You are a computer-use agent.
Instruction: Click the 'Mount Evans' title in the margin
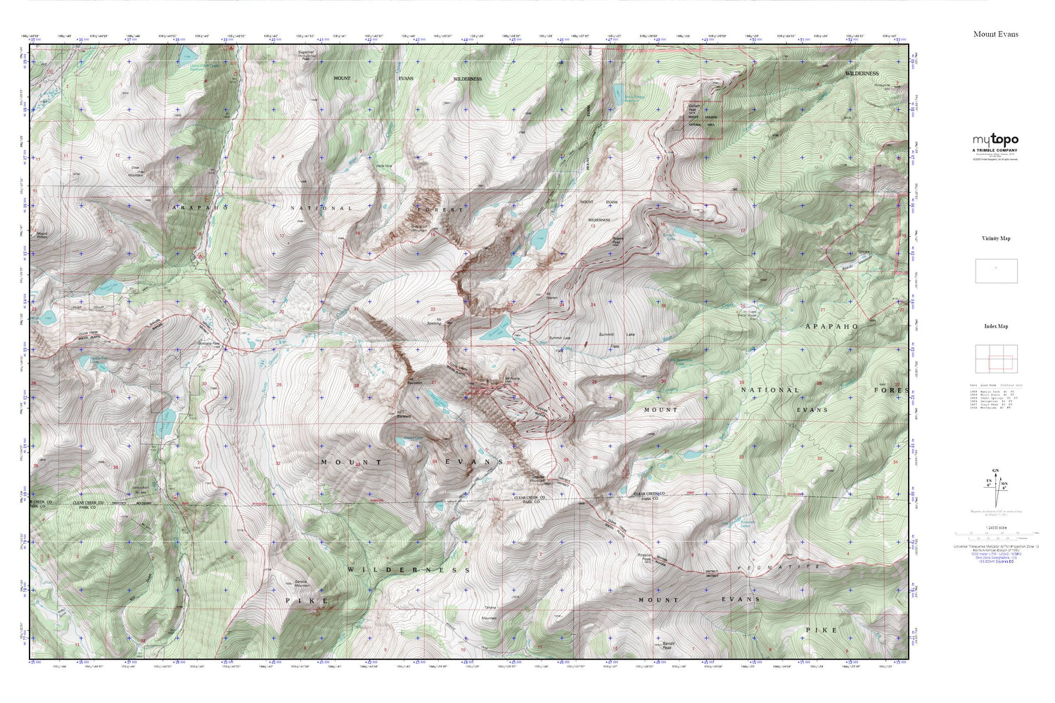tap(995, 34)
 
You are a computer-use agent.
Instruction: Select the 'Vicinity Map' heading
tap(995, 238)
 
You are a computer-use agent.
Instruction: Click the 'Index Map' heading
tap(995, 326)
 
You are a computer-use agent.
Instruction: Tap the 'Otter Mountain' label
tap(135, 171)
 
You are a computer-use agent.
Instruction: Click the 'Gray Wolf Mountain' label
tap(418, 228)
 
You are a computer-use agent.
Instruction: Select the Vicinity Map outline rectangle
tap(996, 271)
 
